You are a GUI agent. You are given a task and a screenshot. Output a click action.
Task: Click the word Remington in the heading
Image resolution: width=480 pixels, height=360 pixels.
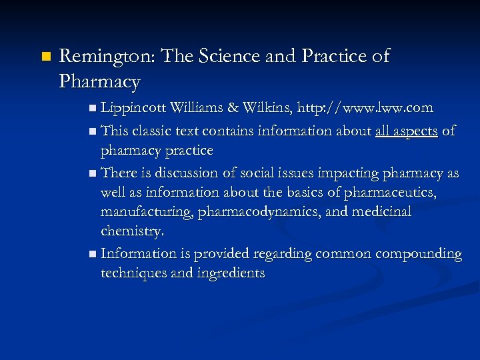tap(106, 57)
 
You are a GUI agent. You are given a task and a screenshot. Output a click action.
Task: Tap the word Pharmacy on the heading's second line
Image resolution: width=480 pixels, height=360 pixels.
tap(99, 82)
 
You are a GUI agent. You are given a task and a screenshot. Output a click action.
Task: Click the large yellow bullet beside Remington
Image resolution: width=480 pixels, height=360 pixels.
tap(45, 57)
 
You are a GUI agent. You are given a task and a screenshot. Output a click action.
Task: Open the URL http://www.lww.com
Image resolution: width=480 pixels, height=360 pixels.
tap(365, 107)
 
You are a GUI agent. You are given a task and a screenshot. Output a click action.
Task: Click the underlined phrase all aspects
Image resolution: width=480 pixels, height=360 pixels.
tap(406, 131)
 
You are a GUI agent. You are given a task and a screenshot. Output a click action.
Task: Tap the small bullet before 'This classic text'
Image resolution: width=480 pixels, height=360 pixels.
tap(91, 132)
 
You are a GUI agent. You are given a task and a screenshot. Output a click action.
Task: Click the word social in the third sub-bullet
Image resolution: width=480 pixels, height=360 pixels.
tap(257, 173)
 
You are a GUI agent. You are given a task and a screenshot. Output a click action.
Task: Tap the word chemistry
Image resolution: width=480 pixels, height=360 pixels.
tap(132, 231)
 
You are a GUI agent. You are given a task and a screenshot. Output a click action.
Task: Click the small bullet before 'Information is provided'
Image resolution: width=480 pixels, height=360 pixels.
tap(91, 255)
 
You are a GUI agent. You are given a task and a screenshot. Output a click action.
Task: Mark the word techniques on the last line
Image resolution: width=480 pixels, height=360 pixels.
tap(133, 273)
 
